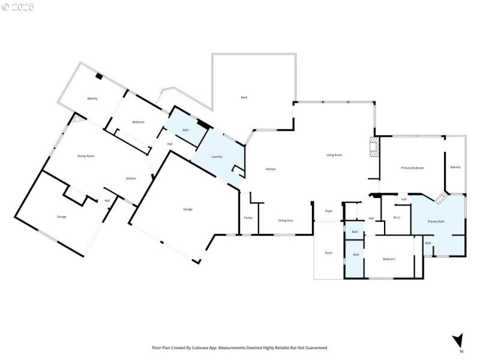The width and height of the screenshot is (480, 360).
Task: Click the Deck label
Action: pos(244,97)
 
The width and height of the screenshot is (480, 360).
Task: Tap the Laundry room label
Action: pos(217,157)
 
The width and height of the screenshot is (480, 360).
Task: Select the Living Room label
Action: pos(334,155)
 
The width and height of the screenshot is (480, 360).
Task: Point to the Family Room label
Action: pos(86,156)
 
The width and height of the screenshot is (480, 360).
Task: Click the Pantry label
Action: pos(248,218)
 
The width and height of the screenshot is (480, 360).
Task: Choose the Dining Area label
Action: pos(286,221)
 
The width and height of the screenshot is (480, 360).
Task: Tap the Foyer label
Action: pos(329,211)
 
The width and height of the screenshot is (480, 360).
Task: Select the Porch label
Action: pos(329,253)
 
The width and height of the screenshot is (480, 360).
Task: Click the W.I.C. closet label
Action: pos(397,217)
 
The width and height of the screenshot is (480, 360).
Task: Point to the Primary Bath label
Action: pos(436,222)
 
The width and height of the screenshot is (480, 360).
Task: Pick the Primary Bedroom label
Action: pos(413,168)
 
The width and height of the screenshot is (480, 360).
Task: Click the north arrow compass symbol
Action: pos(458,341)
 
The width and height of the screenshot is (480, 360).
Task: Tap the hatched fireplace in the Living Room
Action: pos(374,147)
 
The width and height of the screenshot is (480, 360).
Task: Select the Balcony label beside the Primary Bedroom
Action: pos(456,167)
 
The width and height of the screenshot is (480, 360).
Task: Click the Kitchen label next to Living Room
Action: pos(271,169)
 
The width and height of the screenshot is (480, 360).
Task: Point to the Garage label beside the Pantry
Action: pos(188,209)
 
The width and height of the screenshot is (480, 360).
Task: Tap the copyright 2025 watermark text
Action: pos(18,7)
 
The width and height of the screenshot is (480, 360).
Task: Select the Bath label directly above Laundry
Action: pos(186,130)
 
